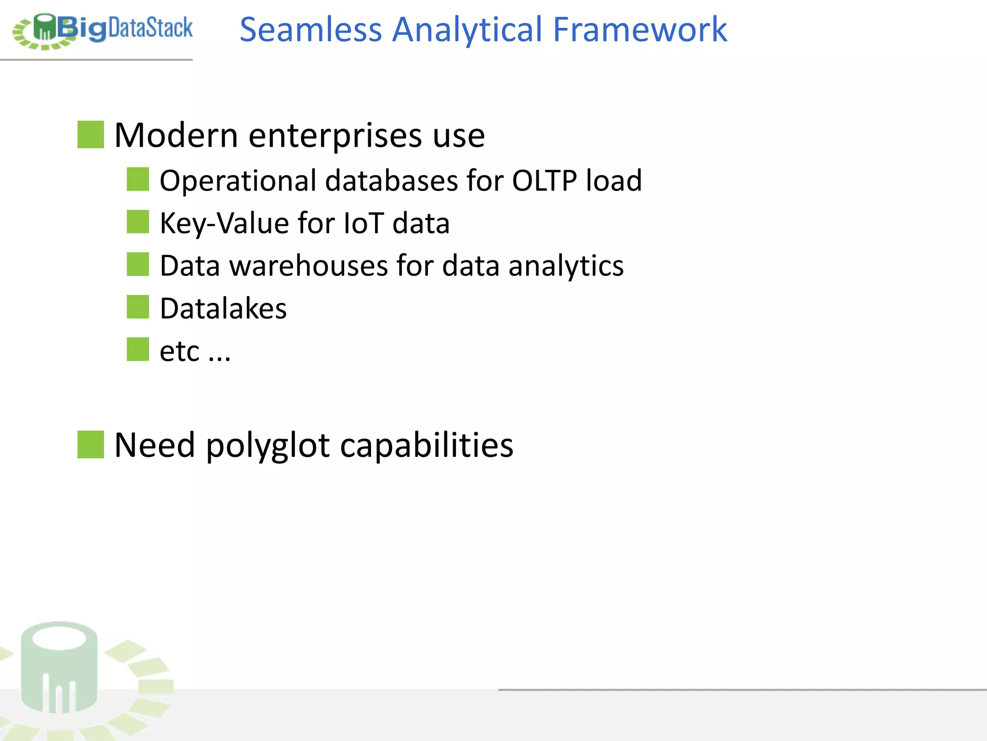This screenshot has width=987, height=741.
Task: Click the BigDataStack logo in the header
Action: [x=102, y=30]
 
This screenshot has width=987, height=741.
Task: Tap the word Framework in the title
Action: [x=640, y=30]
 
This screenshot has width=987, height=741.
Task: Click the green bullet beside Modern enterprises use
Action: [x=91, y=135]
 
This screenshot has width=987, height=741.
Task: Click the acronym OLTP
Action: [x=544, y=181]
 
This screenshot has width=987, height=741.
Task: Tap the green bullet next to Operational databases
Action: [x=138, y=179]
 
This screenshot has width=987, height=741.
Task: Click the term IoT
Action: [x=363, y=223]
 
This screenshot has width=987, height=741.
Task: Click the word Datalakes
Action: [x=223, y=309]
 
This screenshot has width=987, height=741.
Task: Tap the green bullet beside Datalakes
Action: [x=138, y=307]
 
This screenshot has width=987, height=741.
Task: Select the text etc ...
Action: [x=179, y=351]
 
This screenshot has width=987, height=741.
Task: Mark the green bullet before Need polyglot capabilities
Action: [x=91, y=444]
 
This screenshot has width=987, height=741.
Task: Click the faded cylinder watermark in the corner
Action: [x=59, y=668]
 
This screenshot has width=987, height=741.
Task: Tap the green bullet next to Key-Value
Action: [x=138, y=222]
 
